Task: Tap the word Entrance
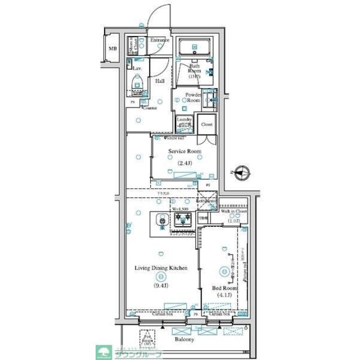point(160,40)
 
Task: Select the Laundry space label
point(184,121)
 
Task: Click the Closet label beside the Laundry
point(206,124)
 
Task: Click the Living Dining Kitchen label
point(160,268)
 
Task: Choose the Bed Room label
point(224,287)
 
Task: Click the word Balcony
point(184,339)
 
